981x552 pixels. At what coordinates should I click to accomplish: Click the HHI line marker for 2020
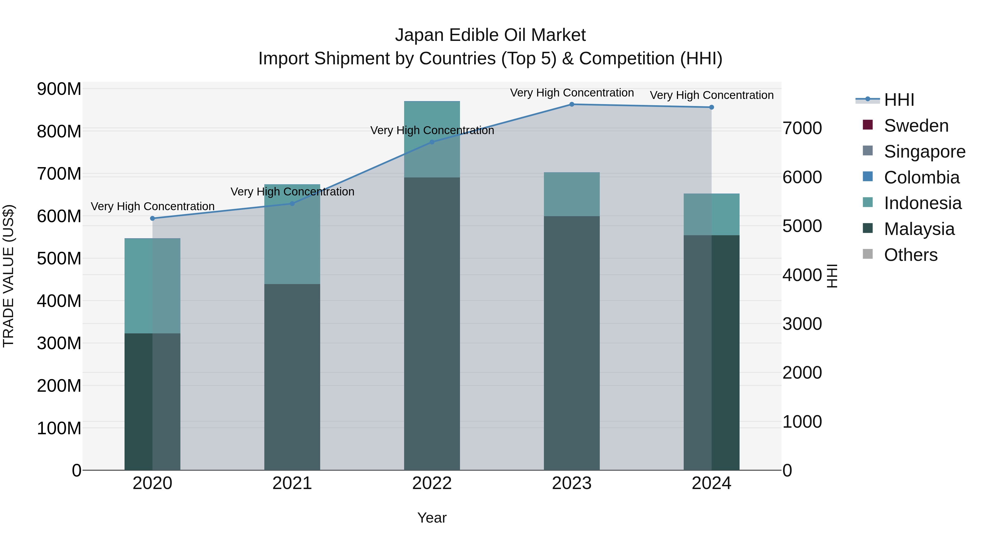click(x=152, y=218)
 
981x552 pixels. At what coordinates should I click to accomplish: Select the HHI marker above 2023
click(x=572, y=104)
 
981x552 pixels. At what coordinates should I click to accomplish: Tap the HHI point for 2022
click(x=432, y=142)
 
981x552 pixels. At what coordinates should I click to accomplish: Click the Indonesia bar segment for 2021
click(x=292, y=234)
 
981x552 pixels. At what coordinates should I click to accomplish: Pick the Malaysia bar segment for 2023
click(x=572, y=343)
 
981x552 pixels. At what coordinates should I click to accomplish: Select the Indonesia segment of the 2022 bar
click(x=432, y=139)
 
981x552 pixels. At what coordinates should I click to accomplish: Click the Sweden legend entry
click(x=916, y=126)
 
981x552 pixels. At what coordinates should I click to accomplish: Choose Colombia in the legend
click(x=922, y=177)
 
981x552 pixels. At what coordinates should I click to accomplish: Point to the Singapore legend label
click(x=925, y=152)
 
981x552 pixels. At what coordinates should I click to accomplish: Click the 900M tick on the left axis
click(x=59, y=89)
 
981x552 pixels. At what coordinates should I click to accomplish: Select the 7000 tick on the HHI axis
click(x=802, y=128)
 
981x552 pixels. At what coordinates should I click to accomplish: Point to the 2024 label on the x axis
click(x=711, y=483)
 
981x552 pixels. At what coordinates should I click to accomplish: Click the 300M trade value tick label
click(x=59, y=343)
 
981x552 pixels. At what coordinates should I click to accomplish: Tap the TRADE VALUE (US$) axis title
click(x=8, y=276)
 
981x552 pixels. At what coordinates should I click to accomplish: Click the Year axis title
click(x=432, y=518)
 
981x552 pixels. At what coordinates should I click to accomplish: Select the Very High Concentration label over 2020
click(x=152, y=206)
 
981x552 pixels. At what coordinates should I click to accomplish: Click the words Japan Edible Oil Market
click(x=490, y=35)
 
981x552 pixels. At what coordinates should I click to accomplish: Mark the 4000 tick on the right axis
click(x=802, y=275)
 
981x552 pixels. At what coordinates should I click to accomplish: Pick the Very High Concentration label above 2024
click(x=711, y=95)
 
